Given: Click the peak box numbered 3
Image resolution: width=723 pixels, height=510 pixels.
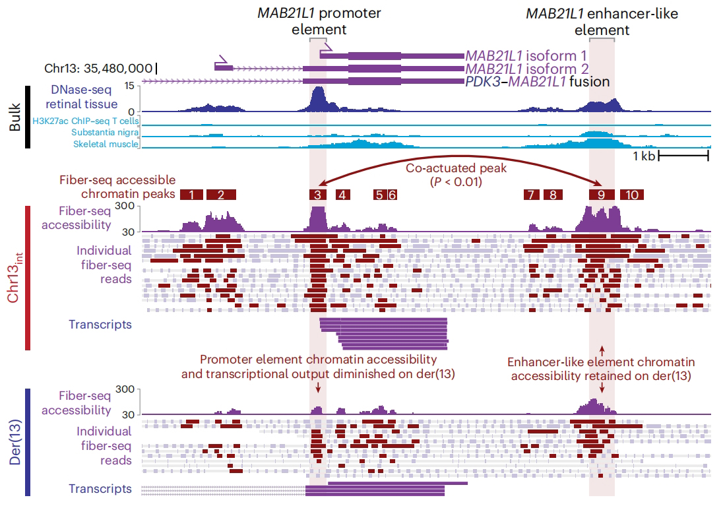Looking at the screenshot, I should [x=317, y=194].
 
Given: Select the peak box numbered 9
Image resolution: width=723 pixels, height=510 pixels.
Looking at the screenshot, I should [x=602, y=194].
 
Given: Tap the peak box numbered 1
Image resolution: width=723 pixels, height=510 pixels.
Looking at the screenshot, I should [x=191, y=194].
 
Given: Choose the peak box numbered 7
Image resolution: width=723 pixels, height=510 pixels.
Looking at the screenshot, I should [x=530, y=194].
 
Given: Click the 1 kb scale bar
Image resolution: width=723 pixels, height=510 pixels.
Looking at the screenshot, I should [x=683, y=156].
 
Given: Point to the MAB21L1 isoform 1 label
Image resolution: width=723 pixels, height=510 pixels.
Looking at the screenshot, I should [x=526, y=56].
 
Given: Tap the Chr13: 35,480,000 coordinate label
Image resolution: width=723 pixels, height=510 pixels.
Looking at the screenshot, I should [x=98, y=68].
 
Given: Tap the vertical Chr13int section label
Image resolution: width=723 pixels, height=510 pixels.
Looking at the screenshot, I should [x=15, y=277].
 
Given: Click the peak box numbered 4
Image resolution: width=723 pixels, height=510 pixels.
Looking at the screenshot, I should [x=342, y=194].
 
